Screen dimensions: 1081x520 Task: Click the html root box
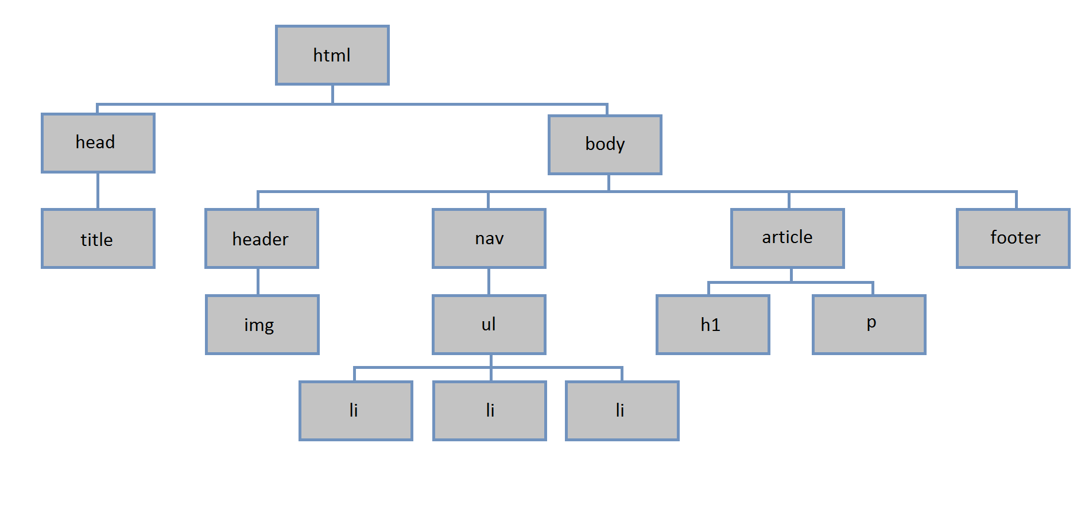pos(332,55)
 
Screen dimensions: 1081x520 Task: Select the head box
pos(98,143)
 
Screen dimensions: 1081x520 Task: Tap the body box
pos(605,145)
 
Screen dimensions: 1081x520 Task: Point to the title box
pos(98,238)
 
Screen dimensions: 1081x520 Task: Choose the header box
pos(262,238)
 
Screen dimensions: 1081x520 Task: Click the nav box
pos(489,238)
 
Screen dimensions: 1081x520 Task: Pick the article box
pos(788,238)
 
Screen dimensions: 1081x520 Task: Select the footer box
pos(1013,238)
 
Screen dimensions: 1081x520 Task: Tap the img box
pos(262,325)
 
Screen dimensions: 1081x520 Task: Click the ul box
pos(489,325)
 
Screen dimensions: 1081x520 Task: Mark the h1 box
pos(713,325)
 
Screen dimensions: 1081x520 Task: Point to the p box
pos(869,325)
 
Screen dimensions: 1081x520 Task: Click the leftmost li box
pos(356,411)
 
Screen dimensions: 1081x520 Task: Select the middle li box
pos(490,411)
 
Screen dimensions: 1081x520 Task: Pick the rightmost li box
pos(622,411)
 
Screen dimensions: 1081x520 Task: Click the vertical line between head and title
pos(98,191)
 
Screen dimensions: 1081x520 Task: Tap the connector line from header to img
pos(258,282)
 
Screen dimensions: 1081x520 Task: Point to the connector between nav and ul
pos(489,282)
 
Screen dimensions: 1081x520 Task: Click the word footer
pos(1015,237)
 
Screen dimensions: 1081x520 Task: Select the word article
pos(787,237)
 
